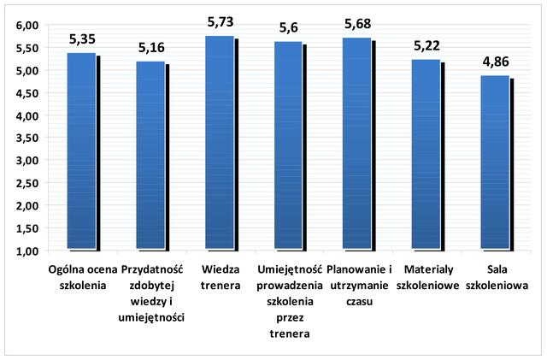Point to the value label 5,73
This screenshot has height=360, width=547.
point(221,21)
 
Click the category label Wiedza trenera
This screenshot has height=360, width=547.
point(220,277)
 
